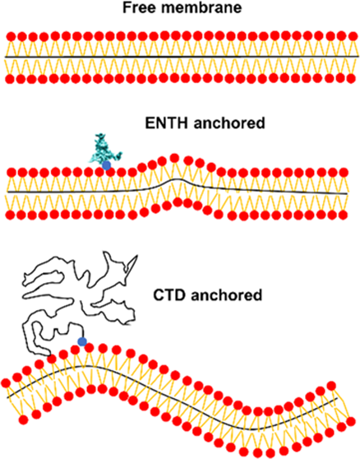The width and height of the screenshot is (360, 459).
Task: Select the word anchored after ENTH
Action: [229, 123]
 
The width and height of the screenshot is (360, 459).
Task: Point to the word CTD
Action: [169, 295]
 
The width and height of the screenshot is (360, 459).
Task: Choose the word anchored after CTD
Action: [226, 295]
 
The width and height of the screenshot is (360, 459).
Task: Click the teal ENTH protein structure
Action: [105, 149]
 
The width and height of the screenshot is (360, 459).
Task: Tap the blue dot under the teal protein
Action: [107, 165]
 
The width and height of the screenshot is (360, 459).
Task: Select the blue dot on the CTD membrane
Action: [82, 341]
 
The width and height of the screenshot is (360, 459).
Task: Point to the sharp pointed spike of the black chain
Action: [137, 256]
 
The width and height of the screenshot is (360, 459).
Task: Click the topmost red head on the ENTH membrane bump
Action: [174, 158]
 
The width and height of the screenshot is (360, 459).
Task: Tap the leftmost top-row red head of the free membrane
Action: [11, 36]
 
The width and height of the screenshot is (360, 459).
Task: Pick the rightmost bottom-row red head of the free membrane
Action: [351, 78]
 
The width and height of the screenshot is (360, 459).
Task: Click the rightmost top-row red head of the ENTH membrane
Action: [344, 173]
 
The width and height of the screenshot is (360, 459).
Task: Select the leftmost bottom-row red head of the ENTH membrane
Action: [11, 215]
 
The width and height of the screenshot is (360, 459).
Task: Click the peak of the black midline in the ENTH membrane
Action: [177, 178]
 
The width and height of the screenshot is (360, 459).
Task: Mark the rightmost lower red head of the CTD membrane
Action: [351, 421]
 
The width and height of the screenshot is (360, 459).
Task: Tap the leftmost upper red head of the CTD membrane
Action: [6, 382]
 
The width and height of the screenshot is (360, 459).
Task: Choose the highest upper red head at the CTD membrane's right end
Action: [331, 386]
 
